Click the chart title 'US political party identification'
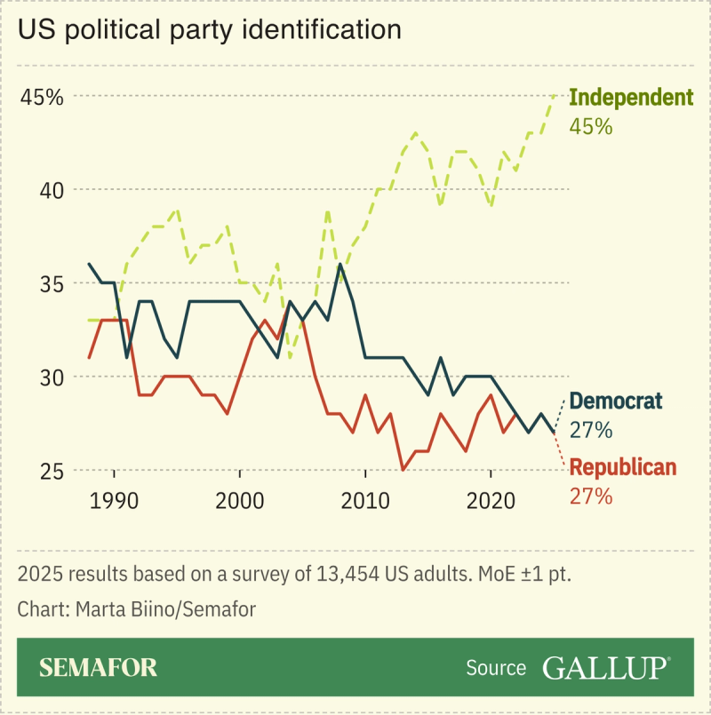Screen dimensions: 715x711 click(x=210, y=29)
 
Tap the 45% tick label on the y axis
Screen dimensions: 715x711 click(x=42, y=97)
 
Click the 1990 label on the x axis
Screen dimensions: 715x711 click(x=115, y=499)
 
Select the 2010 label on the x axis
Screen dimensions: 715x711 click(x=365, y=499)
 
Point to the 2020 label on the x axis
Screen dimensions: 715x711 click(x=491, y=499)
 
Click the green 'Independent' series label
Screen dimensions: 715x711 click(x=630, y=98)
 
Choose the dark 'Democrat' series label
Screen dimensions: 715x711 click(x=615, y=401)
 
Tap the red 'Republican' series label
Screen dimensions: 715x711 click(x=622, y=467)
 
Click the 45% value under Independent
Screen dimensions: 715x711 click(x=590, y=126)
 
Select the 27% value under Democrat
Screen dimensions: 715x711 click(x=590, y=431)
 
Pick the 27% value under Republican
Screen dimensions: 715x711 click(x=590, y=497)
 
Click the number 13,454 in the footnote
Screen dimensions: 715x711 click(x=348, y=574)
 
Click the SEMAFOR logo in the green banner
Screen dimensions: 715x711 click(x=98, y=667)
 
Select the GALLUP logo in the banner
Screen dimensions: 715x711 click(x=606, y=667)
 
